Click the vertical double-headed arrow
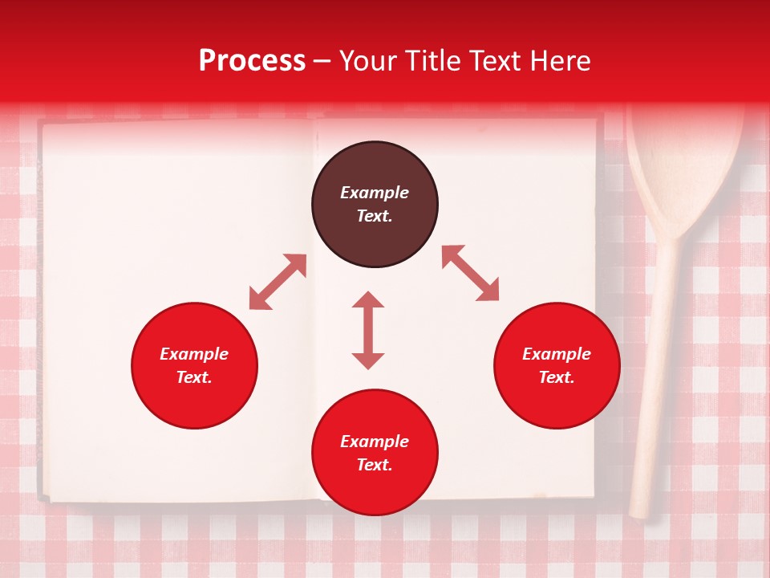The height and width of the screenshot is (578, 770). coord(368,330)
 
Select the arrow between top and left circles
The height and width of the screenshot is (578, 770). coord(278,282)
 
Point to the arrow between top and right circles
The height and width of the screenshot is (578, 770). coord(470,273)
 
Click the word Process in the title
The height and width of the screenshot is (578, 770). coord(252,61)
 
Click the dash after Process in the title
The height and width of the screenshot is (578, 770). coord(322,62)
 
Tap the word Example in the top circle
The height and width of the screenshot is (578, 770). coord(375,193)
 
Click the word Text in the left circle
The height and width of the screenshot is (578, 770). coord(194,377)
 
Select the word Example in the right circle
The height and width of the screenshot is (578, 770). coord(557,354)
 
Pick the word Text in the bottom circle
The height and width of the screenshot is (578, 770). coord(375,465)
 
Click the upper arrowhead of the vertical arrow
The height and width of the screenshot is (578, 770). coord(368,299)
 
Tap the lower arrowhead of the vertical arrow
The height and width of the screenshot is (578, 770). coord(368,360)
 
